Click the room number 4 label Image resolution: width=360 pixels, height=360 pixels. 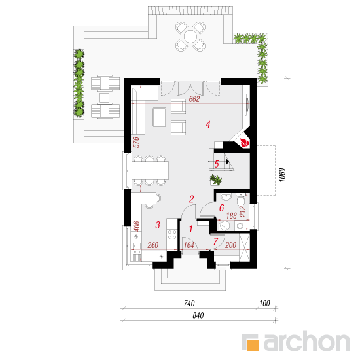(x=208, y=124)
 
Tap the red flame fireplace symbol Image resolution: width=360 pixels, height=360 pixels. (x=244, y=143)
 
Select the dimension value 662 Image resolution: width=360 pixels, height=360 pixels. (x=194, y=99)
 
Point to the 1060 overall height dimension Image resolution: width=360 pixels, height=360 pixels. (x=283, y=175)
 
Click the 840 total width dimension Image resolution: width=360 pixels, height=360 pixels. (x=198, y=315)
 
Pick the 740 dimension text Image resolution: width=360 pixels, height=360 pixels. (x=189, y=304)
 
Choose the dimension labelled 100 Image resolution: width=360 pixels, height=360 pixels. (x=264, y=304)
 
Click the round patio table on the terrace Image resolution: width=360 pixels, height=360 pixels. (x=190, y=37)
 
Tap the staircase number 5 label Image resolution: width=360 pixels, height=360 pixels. (x=217, y=164)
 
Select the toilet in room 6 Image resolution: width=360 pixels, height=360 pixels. (x=241, y=200)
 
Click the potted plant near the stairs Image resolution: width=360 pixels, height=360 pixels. (x=216, y=180)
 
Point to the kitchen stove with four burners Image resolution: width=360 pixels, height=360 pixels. (x=172, y=234)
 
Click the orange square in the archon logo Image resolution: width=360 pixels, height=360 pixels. (x=252, y=345)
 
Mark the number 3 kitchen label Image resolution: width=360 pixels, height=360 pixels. (x=158, y=225)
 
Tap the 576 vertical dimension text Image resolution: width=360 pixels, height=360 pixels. (x=136, y=142)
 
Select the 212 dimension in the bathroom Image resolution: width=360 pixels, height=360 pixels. (x=243, y=212)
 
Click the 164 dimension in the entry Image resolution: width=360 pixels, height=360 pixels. (x=189, y=245)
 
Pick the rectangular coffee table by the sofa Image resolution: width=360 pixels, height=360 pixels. (x=159, y=117)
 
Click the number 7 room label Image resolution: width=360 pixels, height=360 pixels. (x=215, y=242)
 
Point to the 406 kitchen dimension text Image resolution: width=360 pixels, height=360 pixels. (x=136, y=226)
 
